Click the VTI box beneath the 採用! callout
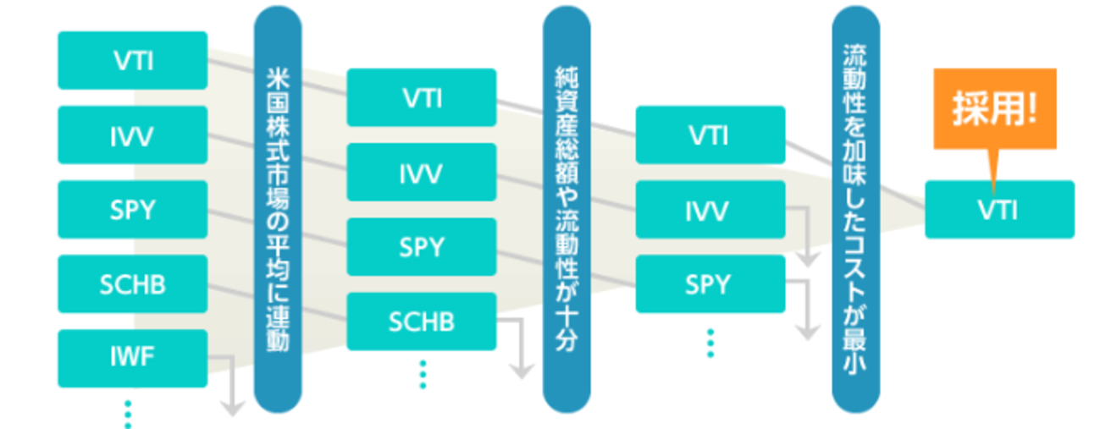[999, 209]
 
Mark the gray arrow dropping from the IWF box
[228, 389]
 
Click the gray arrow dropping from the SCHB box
[517, 351]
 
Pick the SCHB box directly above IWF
[132, 283]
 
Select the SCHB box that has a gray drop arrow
[421, 322]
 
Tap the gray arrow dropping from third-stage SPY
[807, 311]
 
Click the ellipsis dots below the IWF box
[128, 414]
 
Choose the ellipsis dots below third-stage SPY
[710, 343]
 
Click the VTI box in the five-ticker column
[132, 60]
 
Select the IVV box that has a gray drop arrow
[710, 210]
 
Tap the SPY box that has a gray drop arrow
[710, 284]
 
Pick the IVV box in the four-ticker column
[421, 173]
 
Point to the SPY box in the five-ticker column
[132, 209]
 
